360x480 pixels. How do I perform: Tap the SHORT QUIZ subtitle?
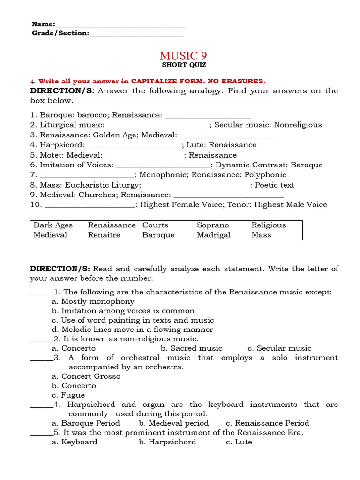tap(184, 65)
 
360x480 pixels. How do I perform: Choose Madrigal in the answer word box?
tap(214, 235)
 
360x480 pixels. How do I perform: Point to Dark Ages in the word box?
tap(53, 225)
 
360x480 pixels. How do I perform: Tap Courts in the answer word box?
tap(155, 225)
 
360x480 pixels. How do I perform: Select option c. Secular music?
tap(279, 348)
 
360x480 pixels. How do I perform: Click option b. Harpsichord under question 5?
tap(167, 442)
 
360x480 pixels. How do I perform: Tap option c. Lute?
tap(239, 442)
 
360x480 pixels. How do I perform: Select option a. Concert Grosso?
tap(86, 376)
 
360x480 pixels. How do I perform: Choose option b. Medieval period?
tap(174, 423)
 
